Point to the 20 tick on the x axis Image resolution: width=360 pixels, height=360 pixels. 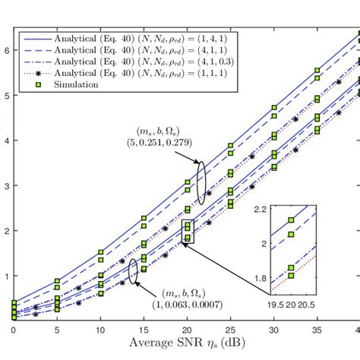[188, 331]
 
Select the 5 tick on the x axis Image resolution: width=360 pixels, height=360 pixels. [57, 331]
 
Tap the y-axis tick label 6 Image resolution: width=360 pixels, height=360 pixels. [5, 50]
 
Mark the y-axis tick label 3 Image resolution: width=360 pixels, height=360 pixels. [5, 185]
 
